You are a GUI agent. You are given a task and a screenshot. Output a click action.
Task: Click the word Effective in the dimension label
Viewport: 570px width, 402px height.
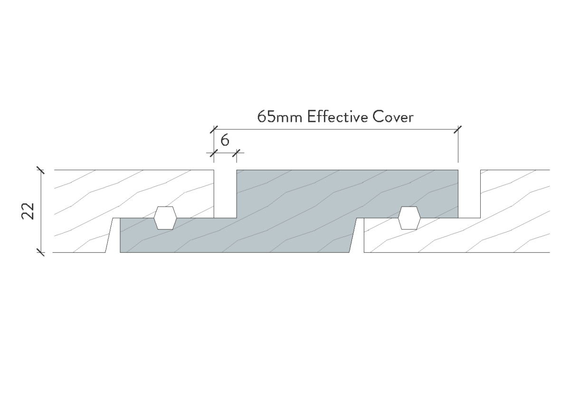338,117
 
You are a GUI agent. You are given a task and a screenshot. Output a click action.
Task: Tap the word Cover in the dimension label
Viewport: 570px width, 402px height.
393,117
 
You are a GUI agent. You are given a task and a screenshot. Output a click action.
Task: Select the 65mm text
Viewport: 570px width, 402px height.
280,117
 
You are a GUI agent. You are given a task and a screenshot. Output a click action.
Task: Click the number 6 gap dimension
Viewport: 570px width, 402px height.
225,140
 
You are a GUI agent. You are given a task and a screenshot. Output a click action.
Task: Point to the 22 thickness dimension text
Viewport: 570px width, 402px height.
28,211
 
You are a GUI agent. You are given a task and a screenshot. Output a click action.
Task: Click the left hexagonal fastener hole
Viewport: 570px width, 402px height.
165,218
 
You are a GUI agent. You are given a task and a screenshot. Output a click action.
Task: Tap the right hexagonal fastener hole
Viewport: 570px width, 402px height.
409,218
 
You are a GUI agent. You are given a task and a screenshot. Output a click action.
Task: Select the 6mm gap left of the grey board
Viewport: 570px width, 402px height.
225,194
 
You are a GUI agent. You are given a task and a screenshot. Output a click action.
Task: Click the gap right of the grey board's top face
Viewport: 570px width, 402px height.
469,194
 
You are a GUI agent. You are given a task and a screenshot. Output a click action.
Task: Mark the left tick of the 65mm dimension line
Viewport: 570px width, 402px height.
214,129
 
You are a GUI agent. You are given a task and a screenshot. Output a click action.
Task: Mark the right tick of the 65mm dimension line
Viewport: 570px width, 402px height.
458,129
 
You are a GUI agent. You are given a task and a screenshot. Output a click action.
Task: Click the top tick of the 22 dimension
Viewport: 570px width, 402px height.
41,170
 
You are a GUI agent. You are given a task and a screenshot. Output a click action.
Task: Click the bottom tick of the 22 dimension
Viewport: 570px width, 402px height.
41,252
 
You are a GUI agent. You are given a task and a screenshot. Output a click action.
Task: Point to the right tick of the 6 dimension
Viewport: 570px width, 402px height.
237,153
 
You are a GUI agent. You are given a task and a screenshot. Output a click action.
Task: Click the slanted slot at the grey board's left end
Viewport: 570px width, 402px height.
113,235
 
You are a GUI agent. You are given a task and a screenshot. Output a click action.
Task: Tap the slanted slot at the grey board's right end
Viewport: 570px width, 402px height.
357,235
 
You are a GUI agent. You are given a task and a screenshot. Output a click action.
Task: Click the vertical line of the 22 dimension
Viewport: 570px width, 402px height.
41,211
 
